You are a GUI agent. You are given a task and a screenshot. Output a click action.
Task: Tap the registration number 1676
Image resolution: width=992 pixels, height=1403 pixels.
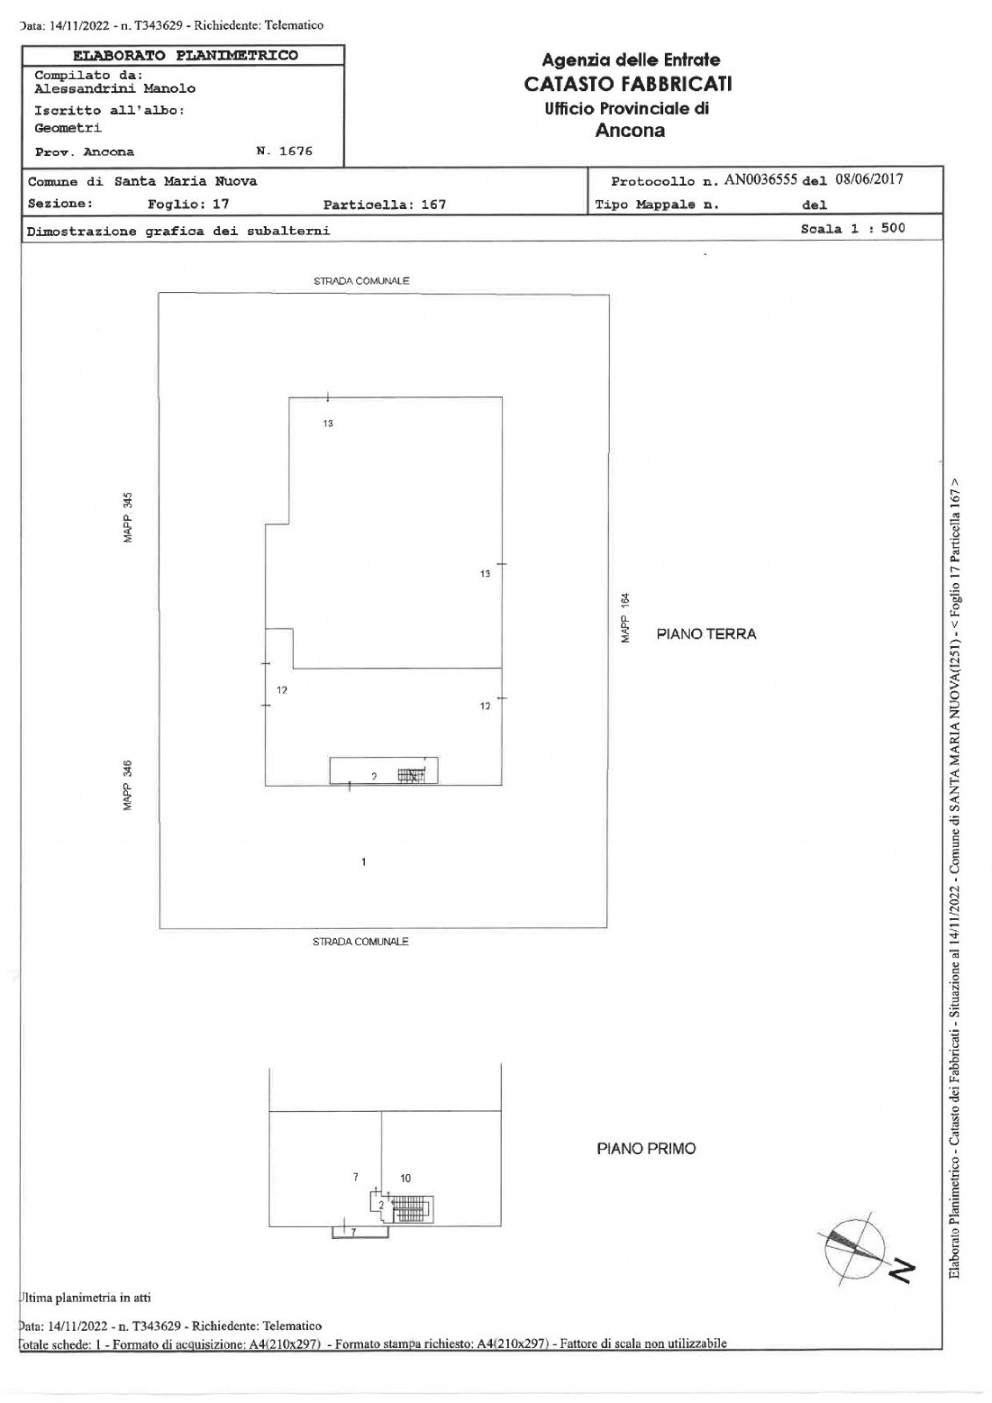(296, 151)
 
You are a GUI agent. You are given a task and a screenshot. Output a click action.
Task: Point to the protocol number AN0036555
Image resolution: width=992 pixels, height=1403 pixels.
(761, 180)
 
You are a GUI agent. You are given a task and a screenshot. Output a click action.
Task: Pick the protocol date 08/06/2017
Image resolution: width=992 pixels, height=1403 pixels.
(869, 180)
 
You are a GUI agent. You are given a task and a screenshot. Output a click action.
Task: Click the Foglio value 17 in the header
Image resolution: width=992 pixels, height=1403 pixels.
(221, 204)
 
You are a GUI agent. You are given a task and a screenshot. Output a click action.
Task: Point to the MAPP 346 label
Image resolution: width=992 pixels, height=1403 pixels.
(128, 785)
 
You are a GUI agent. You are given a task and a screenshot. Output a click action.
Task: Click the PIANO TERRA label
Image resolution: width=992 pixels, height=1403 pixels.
(706, 634)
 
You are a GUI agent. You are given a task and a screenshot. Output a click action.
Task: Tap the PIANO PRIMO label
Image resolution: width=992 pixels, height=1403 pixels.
(646, 1149)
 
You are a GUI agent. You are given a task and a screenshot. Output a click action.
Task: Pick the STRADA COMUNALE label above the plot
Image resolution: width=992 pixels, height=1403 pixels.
(361, 281)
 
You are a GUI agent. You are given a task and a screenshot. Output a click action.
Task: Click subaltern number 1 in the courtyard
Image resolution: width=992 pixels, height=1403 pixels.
(364, 862)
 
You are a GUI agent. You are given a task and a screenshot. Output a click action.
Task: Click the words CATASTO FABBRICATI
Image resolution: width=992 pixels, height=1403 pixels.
(628, 84)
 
